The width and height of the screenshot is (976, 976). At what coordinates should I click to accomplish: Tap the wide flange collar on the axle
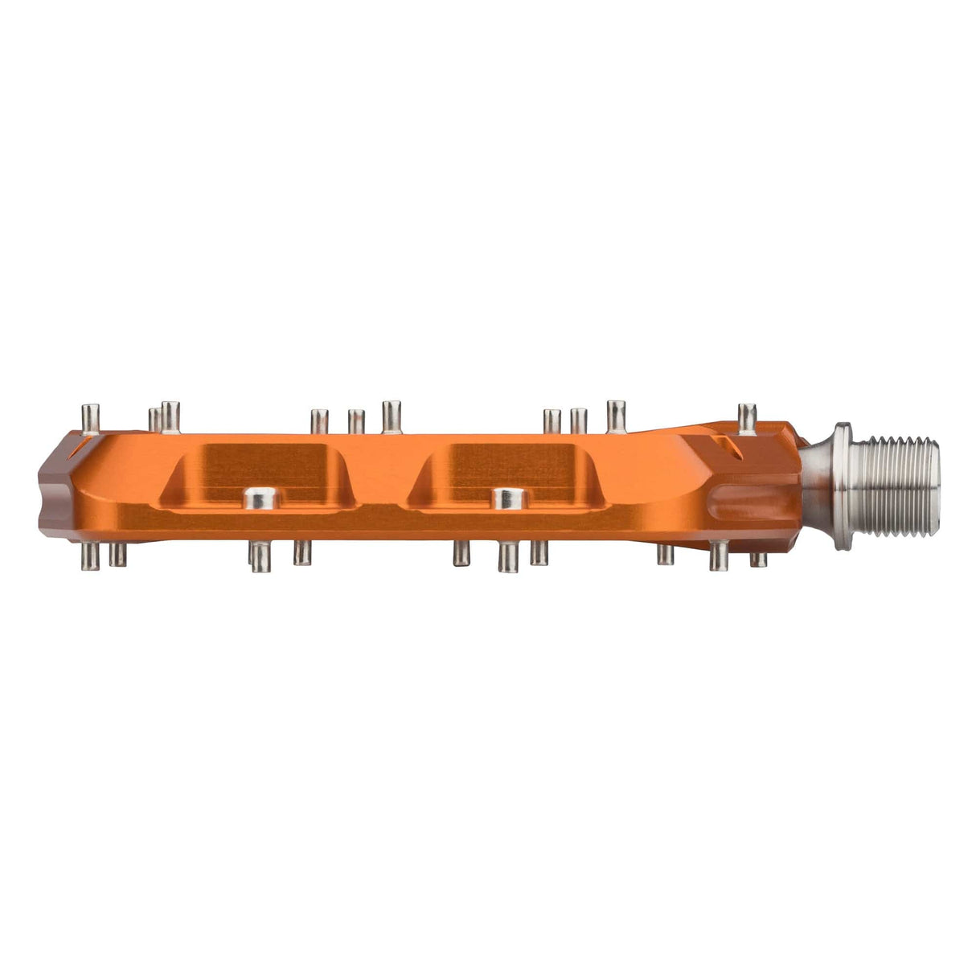843,487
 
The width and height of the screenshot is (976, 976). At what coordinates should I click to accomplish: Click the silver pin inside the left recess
259,498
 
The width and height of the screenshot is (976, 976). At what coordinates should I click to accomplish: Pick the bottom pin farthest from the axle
92,554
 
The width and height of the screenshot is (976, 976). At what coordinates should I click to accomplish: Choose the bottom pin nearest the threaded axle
757,558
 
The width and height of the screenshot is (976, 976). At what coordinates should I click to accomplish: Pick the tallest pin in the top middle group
392,416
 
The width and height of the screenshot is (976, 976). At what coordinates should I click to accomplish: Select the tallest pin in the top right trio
617,416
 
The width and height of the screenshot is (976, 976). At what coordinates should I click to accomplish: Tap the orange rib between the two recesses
383,482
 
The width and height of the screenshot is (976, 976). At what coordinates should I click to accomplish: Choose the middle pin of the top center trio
356,421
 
